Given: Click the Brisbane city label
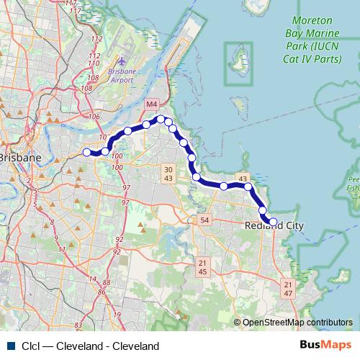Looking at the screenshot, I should pyautogui.click(x=19, y=157).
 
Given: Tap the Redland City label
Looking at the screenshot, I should pyautogui.click(x=274, y=225).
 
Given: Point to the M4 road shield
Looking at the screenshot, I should pyautogui.click(x=150, y=105).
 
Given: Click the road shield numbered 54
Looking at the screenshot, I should pyautogui.click(x=204, y=220).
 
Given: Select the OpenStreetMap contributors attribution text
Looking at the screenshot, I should pyautogui.click(x=297, y=323).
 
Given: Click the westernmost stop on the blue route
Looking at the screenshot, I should pyautogui.click(x=87, y=152).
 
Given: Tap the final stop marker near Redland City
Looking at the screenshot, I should pyautogui.click(x=273, y=222).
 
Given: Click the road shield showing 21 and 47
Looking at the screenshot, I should pyautogui.click(x=287, y=289).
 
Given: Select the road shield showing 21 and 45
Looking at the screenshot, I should pyautogui.click(x=202, y=267).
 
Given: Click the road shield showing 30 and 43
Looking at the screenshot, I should pyautogui.click(x=168, y=173).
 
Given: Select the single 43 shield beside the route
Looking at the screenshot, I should pyautogui.click(x=243, y=179).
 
